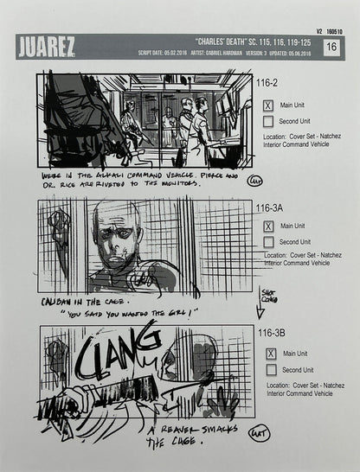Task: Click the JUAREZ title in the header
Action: (x=45, y=45)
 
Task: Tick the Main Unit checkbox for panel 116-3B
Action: (x=270, y=353)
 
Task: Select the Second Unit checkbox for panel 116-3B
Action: (x=270, y=370)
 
